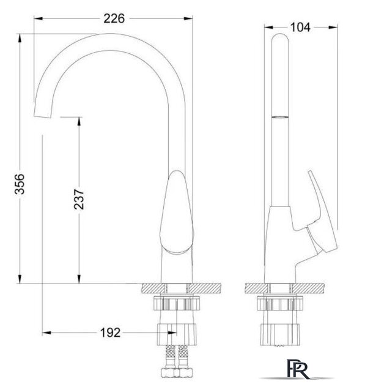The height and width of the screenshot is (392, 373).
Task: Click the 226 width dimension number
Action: [114, 18]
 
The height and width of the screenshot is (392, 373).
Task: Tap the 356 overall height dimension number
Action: [20, 184]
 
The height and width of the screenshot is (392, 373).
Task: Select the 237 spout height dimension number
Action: [79, 199]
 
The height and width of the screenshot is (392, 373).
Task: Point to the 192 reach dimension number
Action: [110, 333]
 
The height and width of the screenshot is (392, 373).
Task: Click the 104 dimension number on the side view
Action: [300, 27]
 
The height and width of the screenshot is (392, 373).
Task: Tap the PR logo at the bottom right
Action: [298, 369]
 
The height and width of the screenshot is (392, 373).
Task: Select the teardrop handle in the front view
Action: [176, 213]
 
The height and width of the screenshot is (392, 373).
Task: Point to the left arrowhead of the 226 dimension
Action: [39, 18]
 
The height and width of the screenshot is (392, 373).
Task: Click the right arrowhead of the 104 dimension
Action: [333, 27]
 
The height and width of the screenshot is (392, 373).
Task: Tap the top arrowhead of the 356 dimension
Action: [20, 38]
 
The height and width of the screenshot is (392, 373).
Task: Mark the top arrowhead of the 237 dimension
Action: [79, 121]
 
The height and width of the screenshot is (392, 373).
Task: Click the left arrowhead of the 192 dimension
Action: [46, 333]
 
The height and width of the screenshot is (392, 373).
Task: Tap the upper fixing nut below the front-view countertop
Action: [177, 303]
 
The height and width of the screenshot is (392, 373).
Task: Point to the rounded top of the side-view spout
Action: [280, 37]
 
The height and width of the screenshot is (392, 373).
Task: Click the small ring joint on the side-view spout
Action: [280, 117]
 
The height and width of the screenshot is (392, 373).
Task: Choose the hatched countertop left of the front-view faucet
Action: [153, 288]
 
